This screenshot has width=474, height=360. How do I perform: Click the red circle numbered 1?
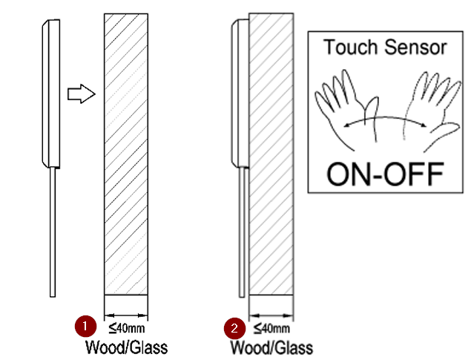pyautogui.click(x=85, y=325)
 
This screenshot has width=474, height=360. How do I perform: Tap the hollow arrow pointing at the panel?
pyautogui.click(x=79, y=94)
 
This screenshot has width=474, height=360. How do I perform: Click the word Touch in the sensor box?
pyautogui.click(x=351, y=48)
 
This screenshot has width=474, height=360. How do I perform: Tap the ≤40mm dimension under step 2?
pyautogui.click(x=271, y=327)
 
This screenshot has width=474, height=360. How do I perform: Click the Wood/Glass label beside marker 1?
pyautogui.click(x=126, y=346)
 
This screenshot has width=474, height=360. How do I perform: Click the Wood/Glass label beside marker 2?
pyautogui.click(x=271, y=347)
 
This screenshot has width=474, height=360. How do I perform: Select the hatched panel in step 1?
pyautogui.click(x=126, y=156)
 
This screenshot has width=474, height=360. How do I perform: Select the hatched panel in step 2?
pyautogui.click(x=271, y=156)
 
